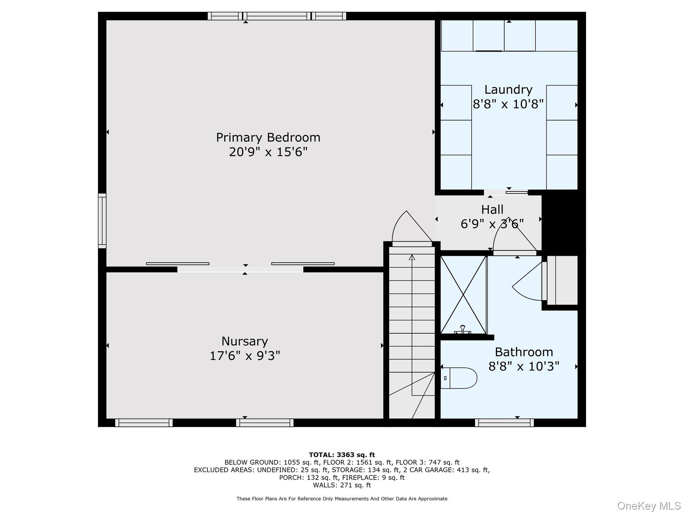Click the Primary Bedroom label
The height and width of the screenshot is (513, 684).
tap(268, 137)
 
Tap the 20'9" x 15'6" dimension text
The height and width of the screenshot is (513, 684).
tap(268, 152)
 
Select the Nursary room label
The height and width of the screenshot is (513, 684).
tap(244, 341)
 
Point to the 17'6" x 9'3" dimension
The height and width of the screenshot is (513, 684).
tap(245, 356)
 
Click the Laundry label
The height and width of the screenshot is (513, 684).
tap(508, 90)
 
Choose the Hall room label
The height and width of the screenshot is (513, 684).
tap(492, 209)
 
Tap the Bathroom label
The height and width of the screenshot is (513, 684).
tap(524, 352)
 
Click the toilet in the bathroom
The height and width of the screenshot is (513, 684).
tap(460, 378)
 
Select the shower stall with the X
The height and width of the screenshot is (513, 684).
tap(463, 294)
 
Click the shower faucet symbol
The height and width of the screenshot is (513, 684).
tap(462, 329)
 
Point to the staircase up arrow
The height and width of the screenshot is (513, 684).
tap(412, 257)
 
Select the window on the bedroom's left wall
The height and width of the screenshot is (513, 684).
tap(102, 221)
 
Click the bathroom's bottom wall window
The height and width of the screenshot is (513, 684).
tap(504, 423)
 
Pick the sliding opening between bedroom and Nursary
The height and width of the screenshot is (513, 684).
tap(240, 269)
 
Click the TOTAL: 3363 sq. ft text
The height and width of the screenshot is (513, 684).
tap(342, 454)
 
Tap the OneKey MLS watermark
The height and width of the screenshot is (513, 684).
tap(649, 506)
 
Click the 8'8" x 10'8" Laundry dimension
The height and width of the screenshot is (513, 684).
tap(508, 104)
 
